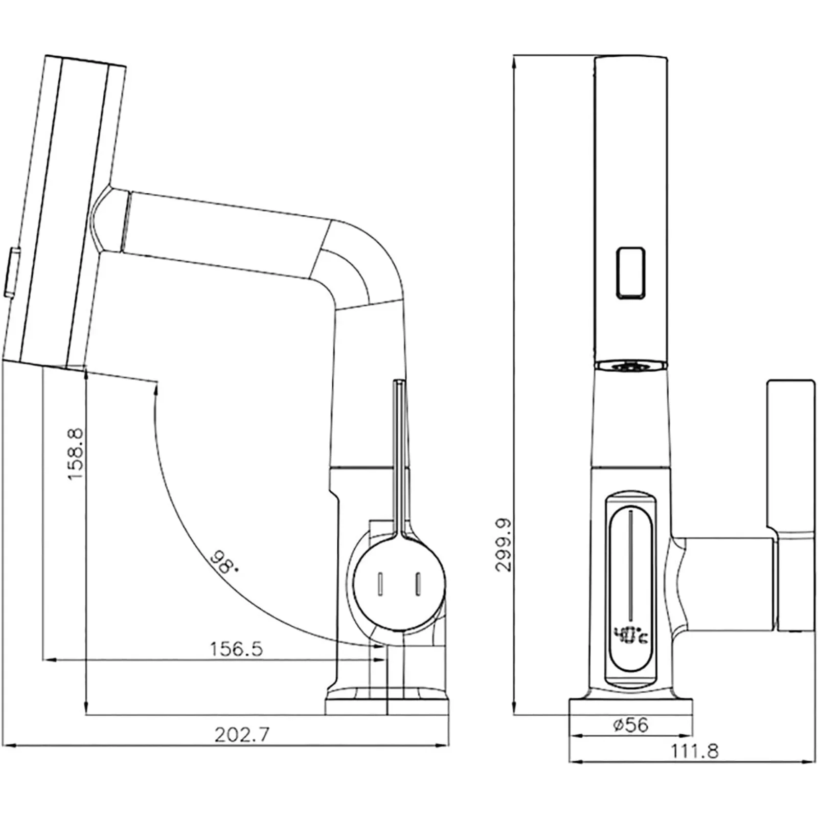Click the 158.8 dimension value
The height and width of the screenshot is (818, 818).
coord(75,454)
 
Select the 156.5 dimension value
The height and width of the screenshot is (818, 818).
coord(236,649)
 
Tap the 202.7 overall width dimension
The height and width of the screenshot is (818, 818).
coord(241,735)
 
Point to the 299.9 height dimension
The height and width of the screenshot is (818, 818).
coord(503,544)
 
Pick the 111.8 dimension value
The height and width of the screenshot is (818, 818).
coord(694,751)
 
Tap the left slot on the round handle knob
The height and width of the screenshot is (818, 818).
coord(380,583)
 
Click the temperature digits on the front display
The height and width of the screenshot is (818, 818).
coord(632,635)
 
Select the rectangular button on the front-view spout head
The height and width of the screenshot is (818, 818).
coord(630,272)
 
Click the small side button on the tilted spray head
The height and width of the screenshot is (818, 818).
coord(12,271)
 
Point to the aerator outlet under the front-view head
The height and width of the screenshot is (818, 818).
coord(631,366)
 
